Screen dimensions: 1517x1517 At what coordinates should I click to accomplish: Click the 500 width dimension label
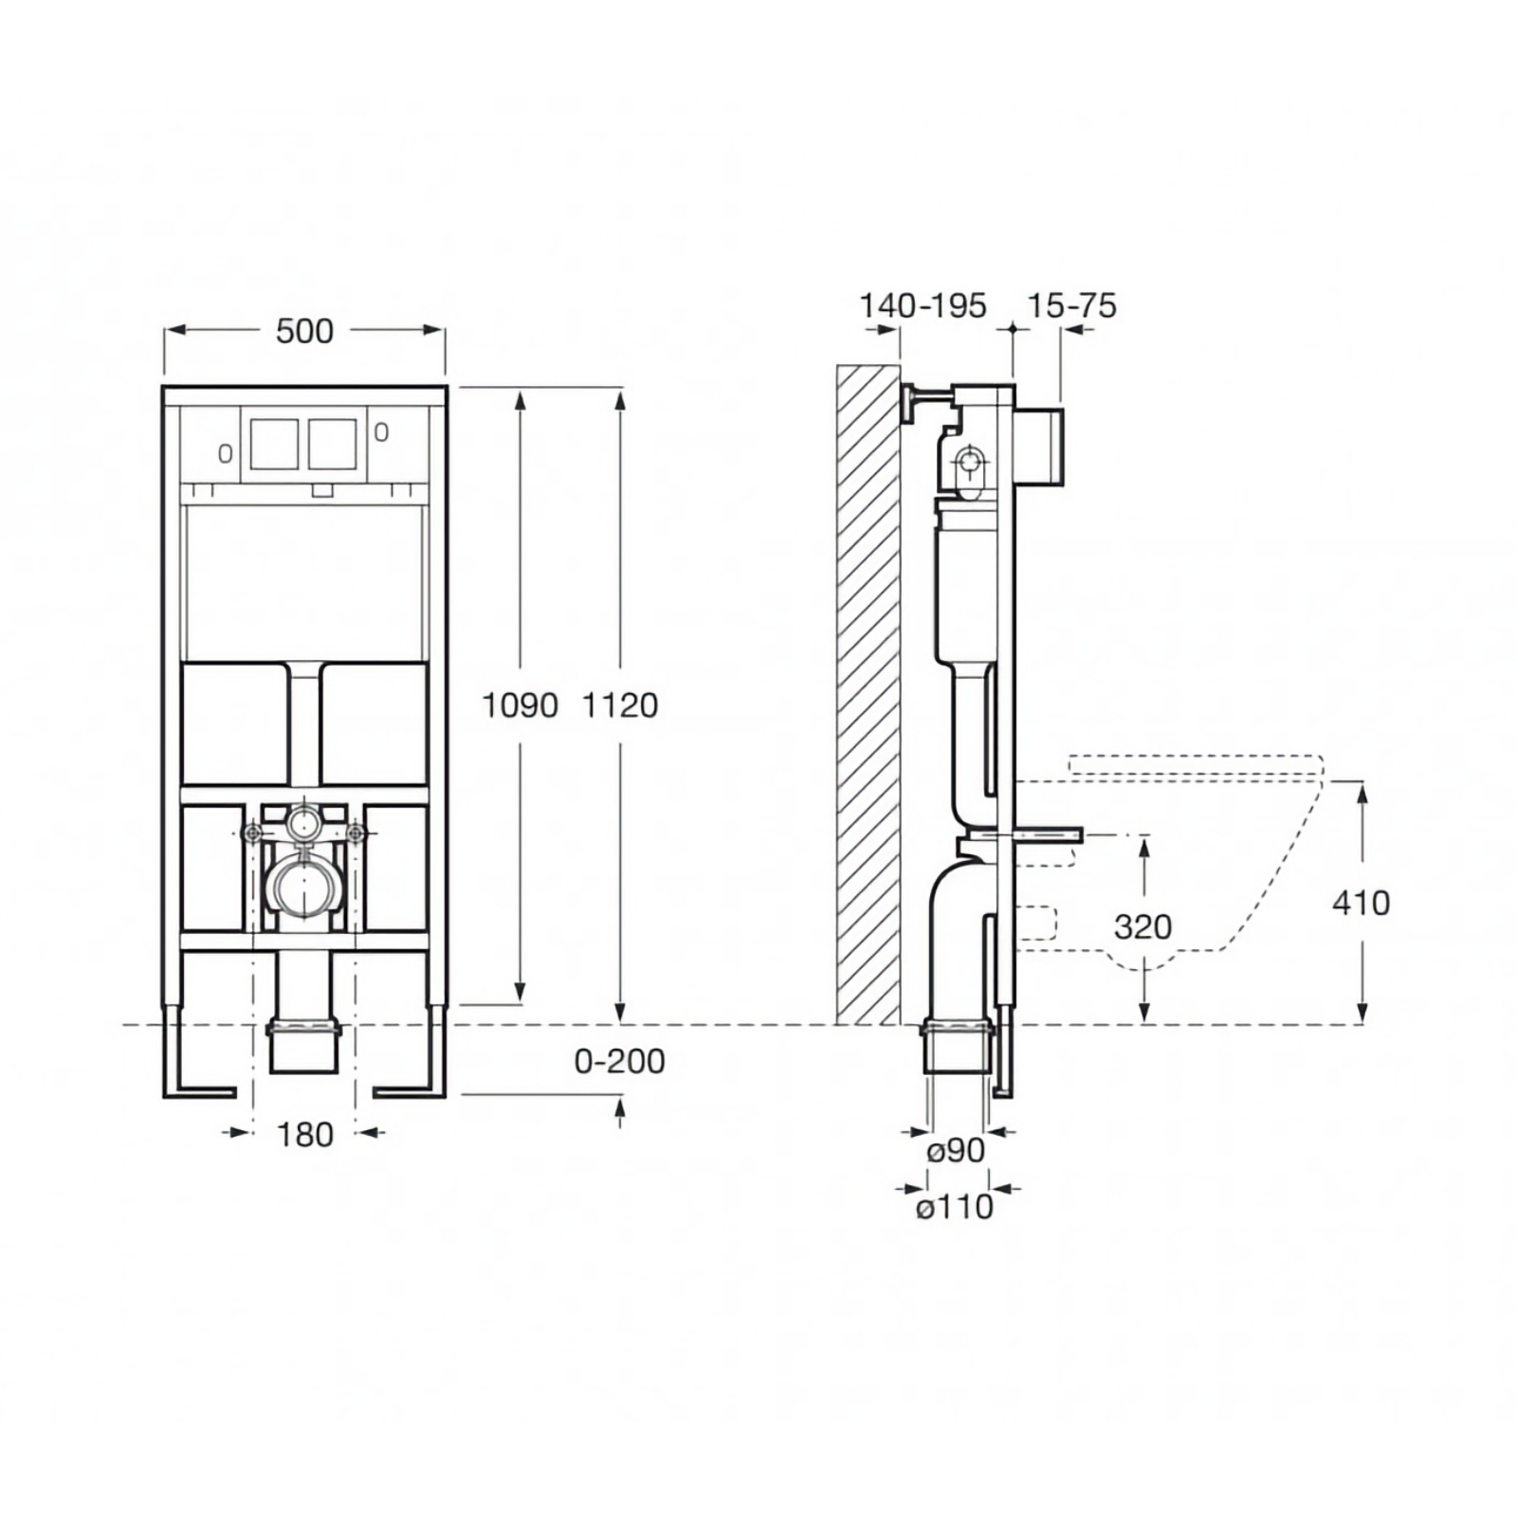(x=304, y=331)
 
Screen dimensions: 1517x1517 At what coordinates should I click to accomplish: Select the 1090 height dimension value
(x=520, y=705)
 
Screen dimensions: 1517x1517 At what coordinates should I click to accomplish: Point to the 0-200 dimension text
(x=619, y=1061)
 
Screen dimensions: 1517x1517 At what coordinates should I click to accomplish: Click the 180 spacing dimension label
(x=304, y=1134)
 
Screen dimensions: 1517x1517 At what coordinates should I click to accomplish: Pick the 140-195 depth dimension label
(x=923, y=305)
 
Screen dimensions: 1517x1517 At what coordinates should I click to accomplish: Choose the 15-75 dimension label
(x=1072, y=305)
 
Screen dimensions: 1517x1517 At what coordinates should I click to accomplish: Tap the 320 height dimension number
(x=1142, y=926)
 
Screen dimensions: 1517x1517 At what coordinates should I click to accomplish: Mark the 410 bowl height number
(x=1361, y=903)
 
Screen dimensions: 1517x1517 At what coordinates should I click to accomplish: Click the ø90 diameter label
(x=956, y=1150)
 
